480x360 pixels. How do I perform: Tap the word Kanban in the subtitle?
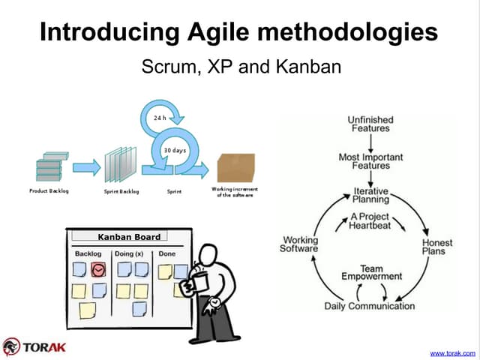click(x=307, y=67)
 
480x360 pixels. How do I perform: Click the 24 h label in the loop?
click(x=159, y=118)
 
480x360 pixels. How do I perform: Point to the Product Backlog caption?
click(x=49, y=191)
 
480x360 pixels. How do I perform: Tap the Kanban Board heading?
click(x=129, y=237)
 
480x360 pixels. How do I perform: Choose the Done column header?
click(x=167, y=254)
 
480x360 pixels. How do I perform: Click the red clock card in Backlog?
click(x=98, y=269)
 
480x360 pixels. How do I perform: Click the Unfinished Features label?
click(x=370, y=124)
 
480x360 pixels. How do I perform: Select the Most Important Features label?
click(x=370, y=161)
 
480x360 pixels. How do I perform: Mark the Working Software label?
click(x=299, y=244)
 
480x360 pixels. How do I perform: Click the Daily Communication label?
click(x=369, y=306)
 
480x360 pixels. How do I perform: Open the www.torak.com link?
click(x=452, y=352)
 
